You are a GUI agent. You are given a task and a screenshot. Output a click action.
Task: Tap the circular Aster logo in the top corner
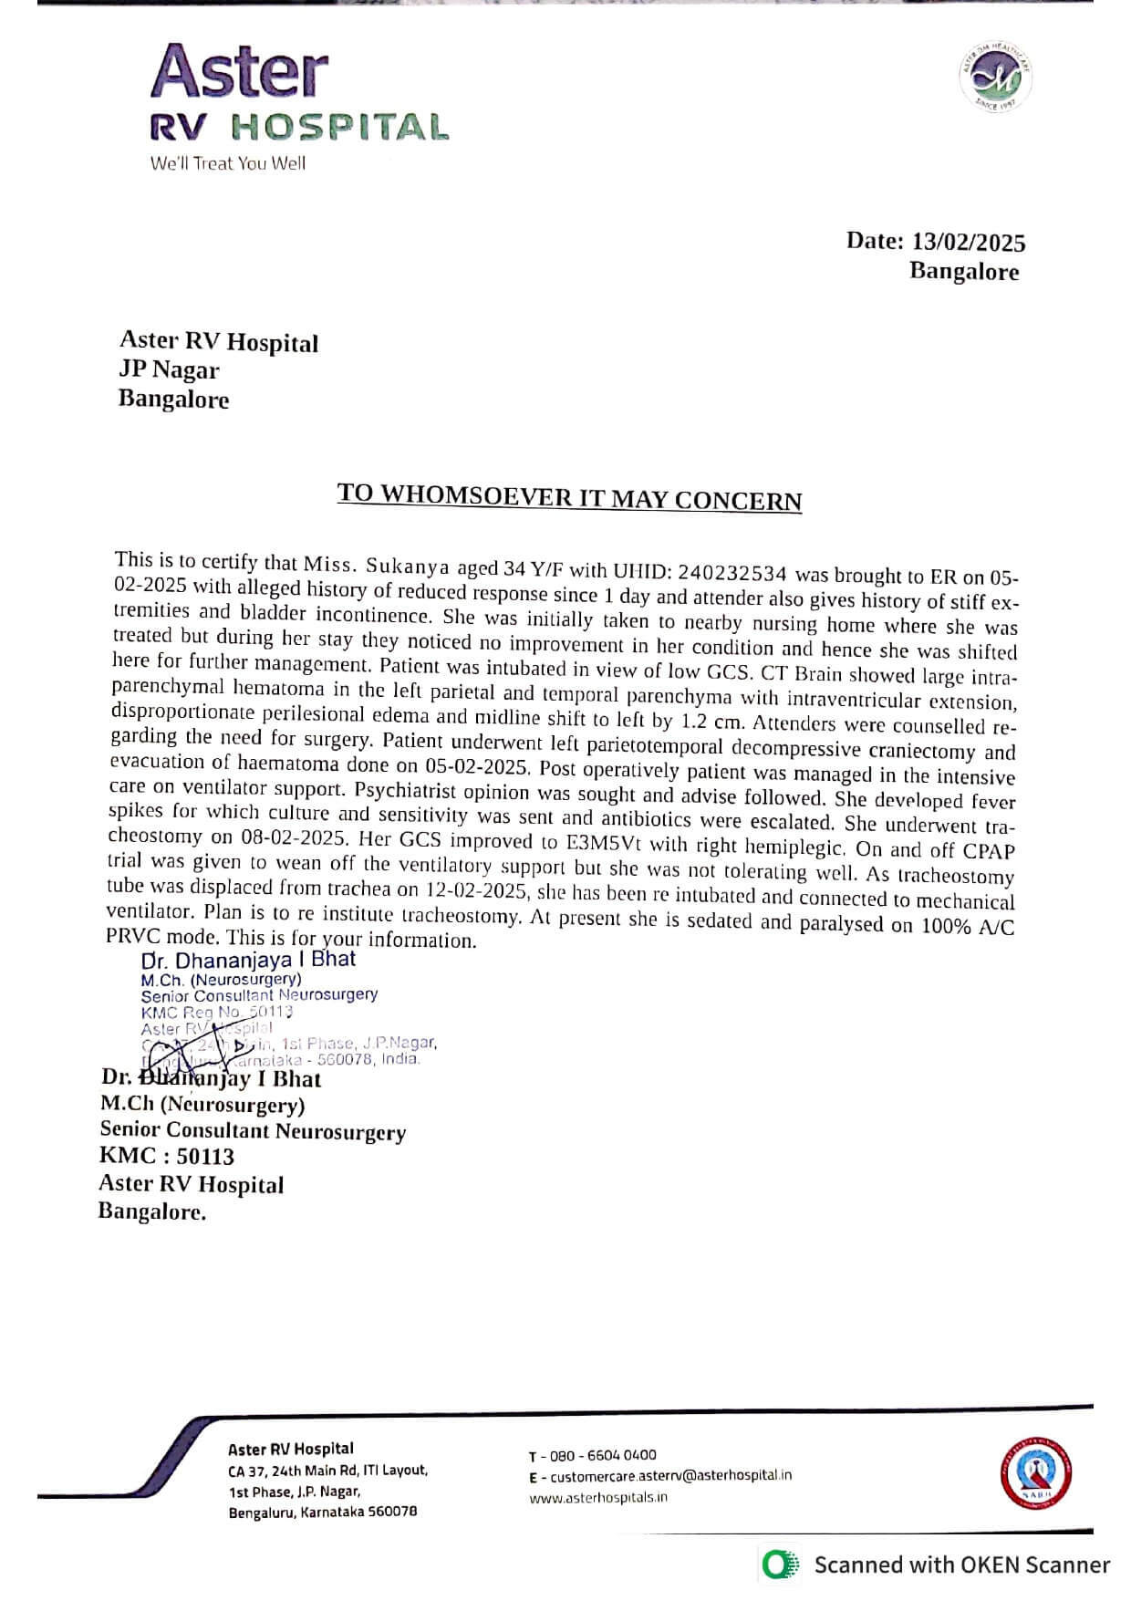(x=995, y=78)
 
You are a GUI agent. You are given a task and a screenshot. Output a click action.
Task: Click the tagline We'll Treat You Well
(x=228, y=163)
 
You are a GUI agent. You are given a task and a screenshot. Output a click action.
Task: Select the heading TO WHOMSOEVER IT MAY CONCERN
(x=569, y=496)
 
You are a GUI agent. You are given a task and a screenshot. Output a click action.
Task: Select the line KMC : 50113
(x=167, y=1156)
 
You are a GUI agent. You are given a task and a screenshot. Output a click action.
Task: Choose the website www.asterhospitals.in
(x=598, y=1497)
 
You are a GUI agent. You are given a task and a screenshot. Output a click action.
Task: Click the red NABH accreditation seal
(x=1037, y=1473)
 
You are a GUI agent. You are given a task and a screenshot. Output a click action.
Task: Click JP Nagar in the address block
(x=169, y=369)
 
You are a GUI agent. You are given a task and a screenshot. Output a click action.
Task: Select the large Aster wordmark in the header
(x=239, y=72)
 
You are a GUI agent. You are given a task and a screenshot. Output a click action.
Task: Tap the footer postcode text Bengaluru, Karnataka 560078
(x=323, y=1511)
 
